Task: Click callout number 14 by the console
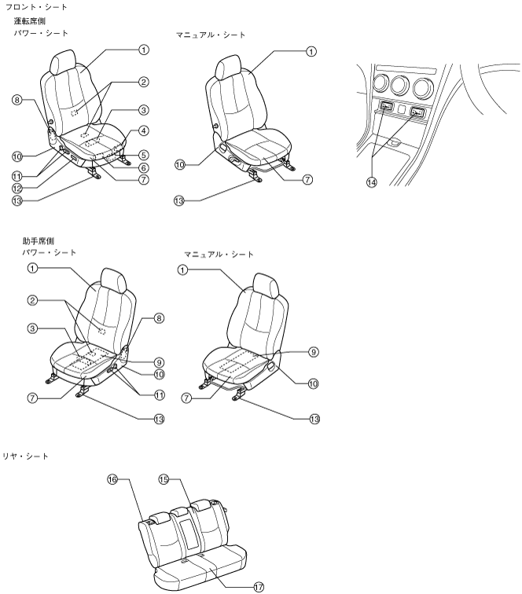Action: (372, 182)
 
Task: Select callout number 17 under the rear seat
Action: (259, 587)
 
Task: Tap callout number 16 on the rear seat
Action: (112, 479)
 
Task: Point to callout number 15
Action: (164, 479)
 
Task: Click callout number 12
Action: (17, 189)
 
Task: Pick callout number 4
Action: (143, 130)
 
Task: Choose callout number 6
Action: (143, 168)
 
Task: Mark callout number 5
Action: (143, 155)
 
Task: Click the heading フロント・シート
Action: (36, 7)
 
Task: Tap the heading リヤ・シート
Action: (25, 456)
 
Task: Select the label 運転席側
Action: (30, 21)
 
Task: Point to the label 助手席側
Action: (38, 241)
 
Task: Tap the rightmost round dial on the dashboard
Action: (423, 87)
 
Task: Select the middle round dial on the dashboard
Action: (400, 85)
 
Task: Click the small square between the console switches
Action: (402, 110)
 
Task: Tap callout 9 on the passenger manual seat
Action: (313, 352)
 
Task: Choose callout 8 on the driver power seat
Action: (17, 100)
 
